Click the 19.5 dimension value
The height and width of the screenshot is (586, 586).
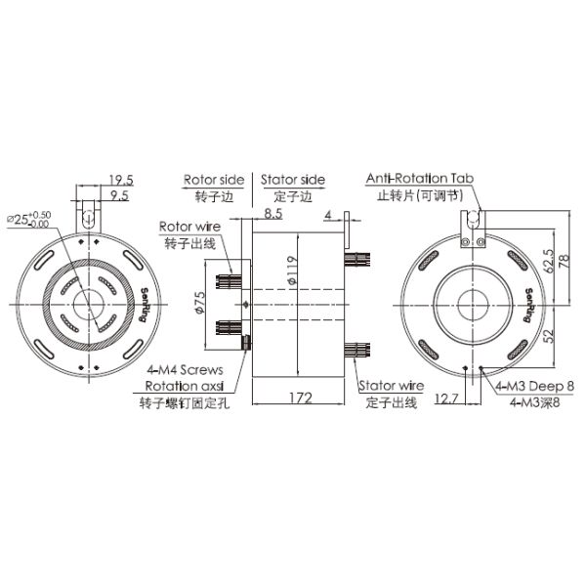[121, 180]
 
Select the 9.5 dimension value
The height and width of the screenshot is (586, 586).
[120, 195]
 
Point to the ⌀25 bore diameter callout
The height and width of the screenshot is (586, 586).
[28, 219]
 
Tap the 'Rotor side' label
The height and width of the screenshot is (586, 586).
[214, 180]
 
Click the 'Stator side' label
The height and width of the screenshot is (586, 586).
[293, 180]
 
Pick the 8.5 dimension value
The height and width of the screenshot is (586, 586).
[273, 214]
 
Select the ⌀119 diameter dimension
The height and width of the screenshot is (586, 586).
[293, 271]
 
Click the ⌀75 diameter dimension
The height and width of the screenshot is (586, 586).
[200, 303]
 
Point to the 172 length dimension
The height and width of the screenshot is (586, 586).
[301, 398]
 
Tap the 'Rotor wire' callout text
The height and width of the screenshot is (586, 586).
[189, 227]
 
